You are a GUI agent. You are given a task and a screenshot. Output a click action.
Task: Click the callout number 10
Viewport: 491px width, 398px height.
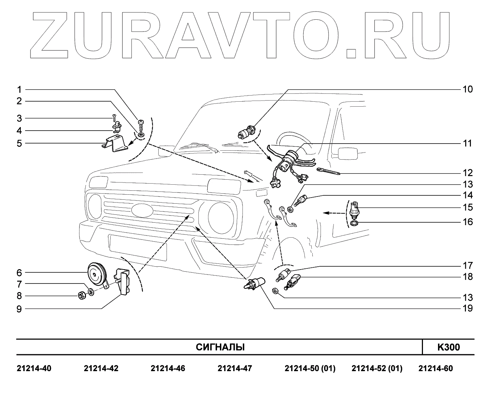point(468,89)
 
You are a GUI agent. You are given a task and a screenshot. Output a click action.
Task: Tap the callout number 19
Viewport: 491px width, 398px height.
point(468,308)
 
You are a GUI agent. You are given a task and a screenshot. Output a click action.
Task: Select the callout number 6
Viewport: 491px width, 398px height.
point(19,273)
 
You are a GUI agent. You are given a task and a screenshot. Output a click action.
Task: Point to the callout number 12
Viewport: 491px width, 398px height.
point(468,173)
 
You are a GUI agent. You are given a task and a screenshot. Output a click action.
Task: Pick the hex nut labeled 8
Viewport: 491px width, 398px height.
point(82,296)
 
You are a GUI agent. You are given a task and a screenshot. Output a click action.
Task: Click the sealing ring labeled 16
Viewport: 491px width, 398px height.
point(353,224)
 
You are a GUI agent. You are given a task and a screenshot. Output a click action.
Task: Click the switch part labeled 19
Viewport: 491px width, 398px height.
point(255,283)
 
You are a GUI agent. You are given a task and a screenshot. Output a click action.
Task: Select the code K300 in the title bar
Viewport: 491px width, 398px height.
point(448,347)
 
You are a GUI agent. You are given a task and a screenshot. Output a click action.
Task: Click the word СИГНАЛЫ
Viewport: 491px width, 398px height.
point(220,347)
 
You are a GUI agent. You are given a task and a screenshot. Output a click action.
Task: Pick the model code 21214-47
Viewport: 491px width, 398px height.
point(235,368)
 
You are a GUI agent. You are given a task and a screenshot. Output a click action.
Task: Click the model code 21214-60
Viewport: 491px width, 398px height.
point(435,368)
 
